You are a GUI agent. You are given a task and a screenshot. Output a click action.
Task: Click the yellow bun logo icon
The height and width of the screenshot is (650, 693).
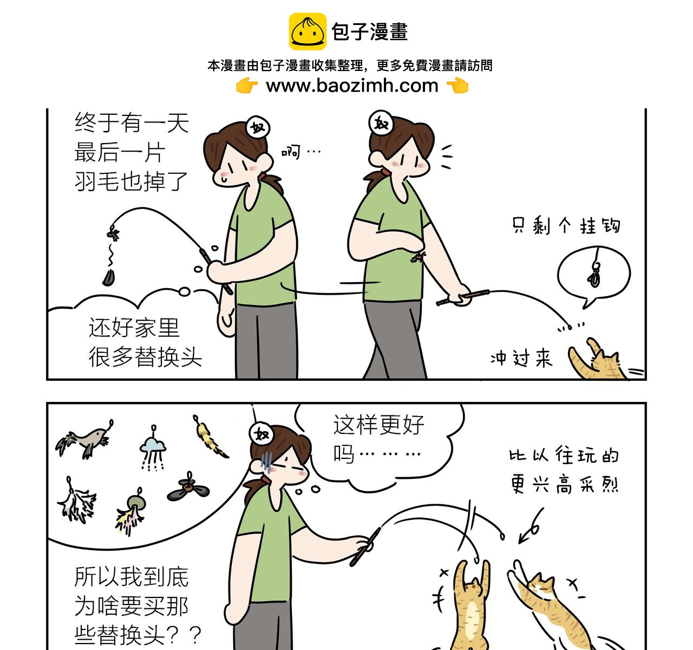[x=308, y=31]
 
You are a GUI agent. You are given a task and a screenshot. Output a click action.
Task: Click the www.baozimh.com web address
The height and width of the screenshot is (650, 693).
[x=352, y=86]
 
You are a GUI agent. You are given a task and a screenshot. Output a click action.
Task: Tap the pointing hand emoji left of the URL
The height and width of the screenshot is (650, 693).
[x=247, y=86]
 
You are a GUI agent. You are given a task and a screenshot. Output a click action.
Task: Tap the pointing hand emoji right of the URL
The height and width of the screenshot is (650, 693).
[x=457, y=86]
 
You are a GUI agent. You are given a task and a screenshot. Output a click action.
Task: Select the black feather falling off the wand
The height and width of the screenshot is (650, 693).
[x=108, y=278]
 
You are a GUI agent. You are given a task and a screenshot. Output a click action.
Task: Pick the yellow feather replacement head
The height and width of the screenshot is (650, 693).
[x=211, y=437]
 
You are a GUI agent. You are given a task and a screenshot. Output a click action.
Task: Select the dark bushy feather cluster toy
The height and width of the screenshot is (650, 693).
[x=77, y=500]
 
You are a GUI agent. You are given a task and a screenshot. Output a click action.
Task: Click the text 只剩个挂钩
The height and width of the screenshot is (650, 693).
[x=566, y=225]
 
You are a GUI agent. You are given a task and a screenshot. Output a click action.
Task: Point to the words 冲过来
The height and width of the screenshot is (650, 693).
[x=521, y=358]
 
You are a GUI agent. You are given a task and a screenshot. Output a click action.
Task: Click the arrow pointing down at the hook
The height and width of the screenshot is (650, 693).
[x=531, y=525]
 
